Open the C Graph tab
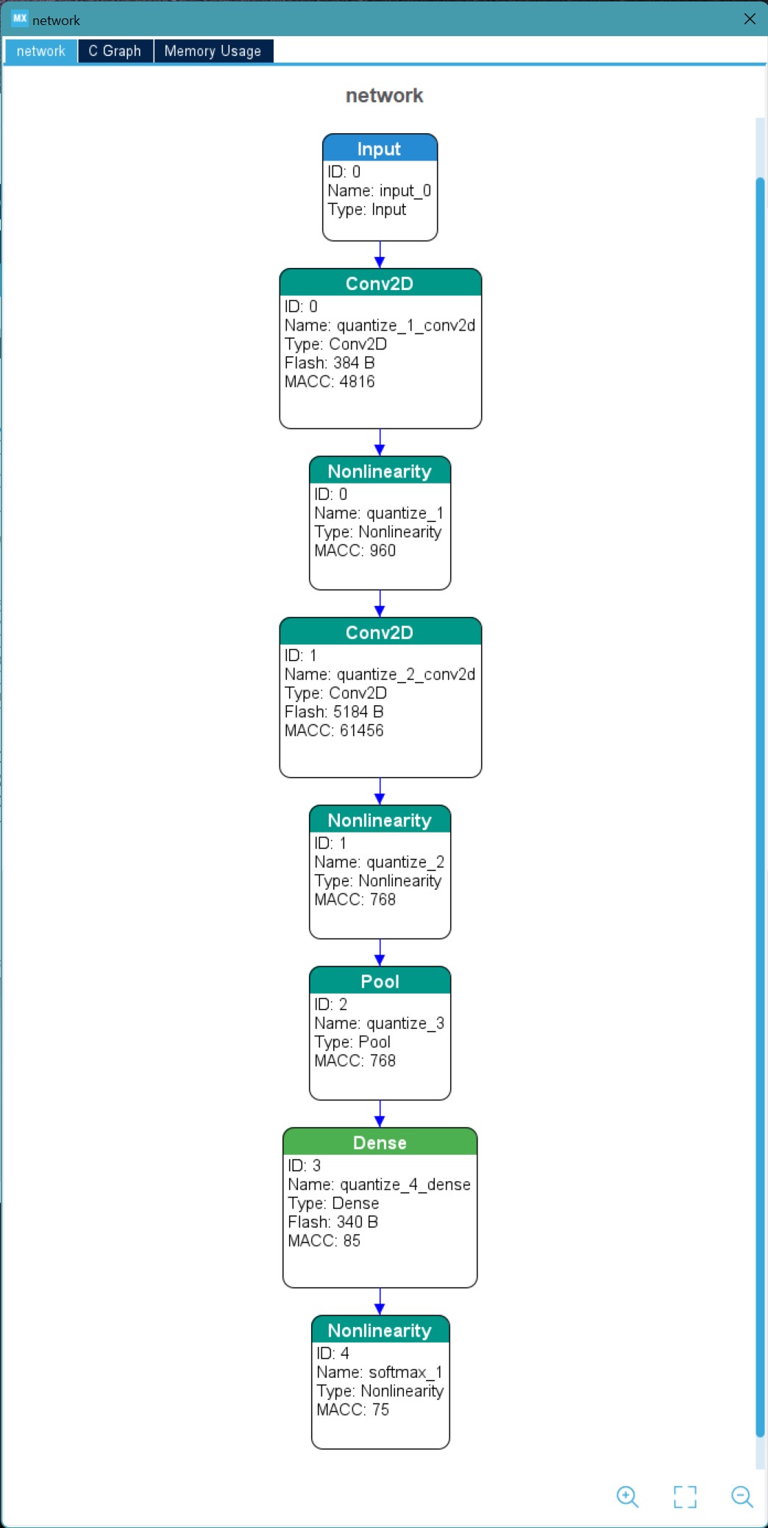(115, 51)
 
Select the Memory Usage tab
(213, 51)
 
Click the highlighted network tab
(41, 51)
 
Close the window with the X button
(750, 19)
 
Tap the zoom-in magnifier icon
(627, 1496)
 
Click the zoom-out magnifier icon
(742, 1496)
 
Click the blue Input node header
(380, 148)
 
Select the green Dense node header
(380, 1142)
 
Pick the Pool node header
(380, 980)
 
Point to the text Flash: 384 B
(330, 363)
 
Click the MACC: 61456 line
(334, 731)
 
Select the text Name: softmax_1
(380, 1372)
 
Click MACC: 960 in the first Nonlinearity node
(355, 551)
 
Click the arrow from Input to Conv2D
(380, 255)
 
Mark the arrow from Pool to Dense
(380, 1114)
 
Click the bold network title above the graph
(385, 96)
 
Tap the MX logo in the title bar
(20, 18)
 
